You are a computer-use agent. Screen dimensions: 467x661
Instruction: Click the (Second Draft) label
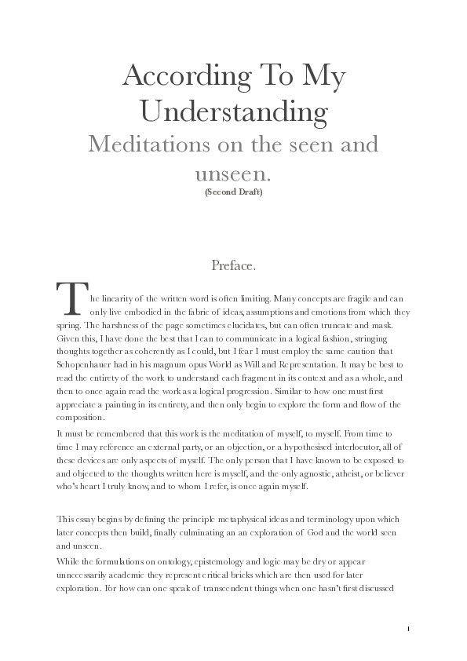(x=233, y=192)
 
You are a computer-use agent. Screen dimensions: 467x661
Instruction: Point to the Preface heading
(x=233, y=265)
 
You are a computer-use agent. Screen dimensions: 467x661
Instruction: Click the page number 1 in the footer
(x=410, y=629)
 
